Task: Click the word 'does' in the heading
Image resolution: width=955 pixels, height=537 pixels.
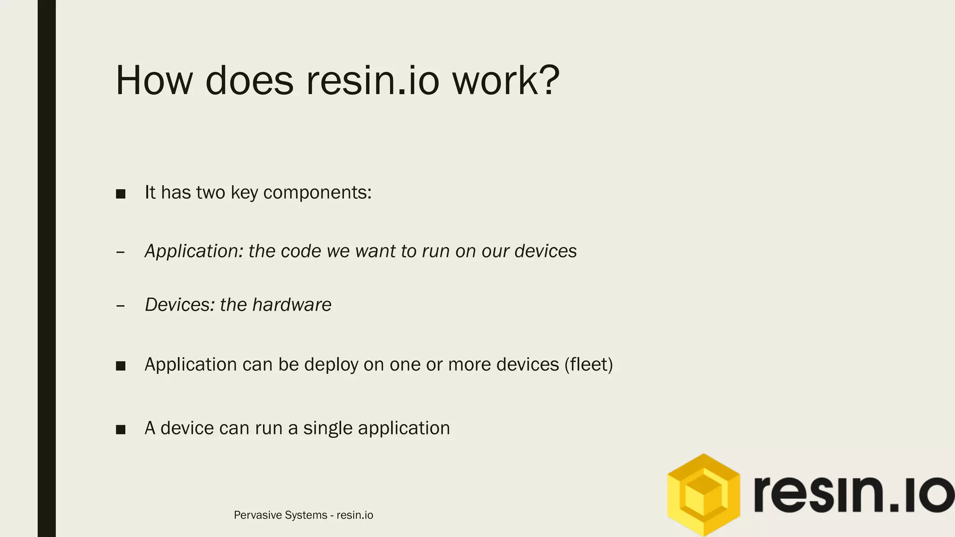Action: click(x=249, y=81)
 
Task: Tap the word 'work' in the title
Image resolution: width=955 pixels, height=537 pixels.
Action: click(x=494, y=81)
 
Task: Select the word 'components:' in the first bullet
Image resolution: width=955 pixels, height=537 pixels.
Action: click(x=317, y=193)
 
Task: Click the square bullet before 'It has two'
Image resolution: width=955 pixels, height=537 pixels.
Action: click(x=121, y=194)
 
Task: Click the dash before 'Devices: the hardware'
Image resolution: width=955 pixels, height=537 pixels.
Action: click(x=120, y=306)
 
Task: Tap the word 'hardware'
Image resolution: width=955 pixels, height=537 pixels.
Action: click(x=291, y=305)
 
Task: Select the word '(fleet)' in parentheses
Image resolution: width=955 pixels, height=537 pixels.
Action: click(x=588, y=365)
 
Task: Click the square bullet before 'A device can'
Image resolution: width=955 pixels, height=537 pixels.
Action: click(x=121, y=429)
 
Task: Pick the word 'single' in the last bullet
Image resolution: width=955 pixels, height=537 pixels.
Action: click(x=328, y=428)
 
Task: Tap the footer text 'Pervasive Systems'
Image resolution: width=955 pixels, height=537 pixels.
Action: click(x=280, y=515)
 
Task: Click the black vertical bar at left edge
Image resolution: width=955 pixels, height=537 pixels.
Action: click(x=47, y=268)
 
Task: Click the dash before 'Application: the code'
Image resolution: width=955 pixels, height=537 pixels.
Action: click(x=120, y=253)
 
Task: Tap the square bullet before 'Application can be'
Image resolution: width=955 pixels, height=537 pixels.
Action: click(x=121, y=366)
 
